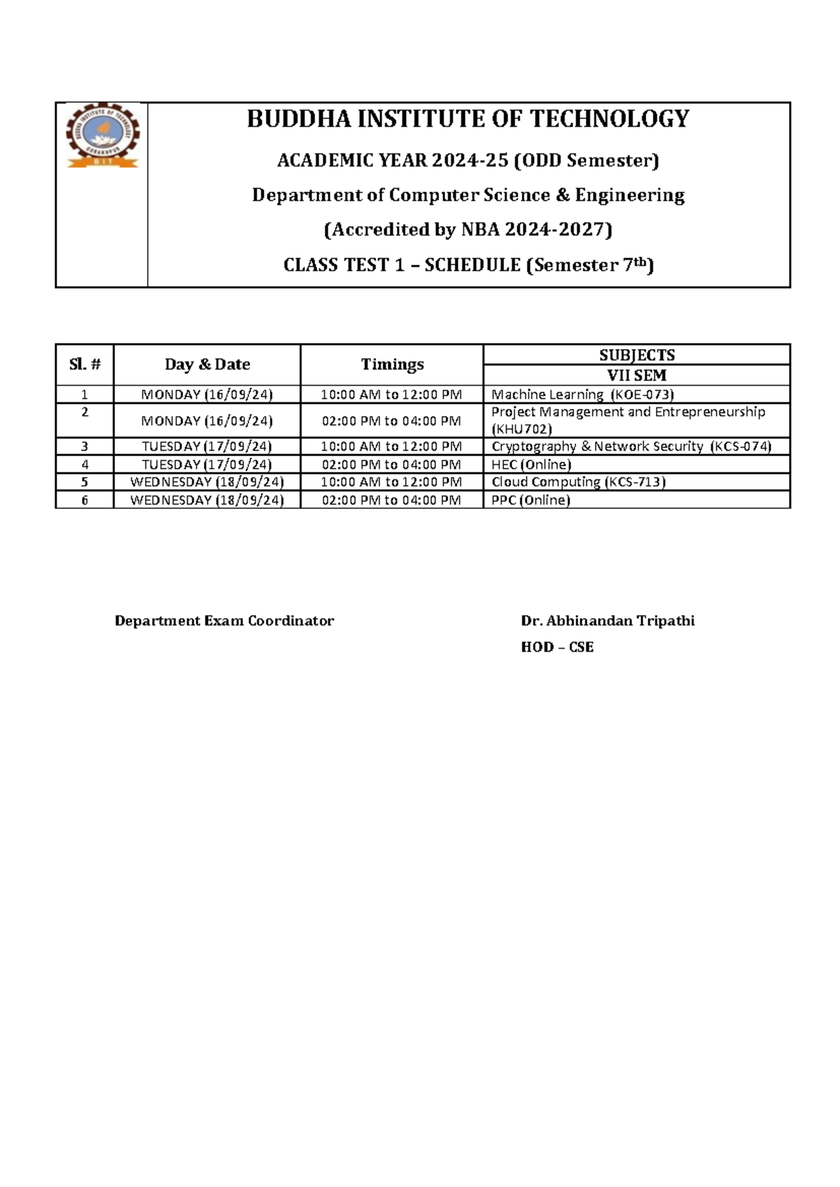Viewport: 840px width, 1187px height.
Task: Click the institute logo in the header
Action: pos(102,136)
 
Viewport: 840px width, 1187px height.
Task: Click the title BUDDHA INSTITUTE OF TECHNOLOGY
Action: pos(468,119)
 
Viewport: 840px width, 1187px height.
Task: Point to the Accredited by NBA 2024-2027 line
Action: pos(468,230)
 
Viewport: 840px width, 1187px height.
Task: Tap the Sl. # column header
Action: pos(85,365)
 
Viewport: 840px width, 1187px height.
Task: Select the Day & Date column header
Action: pos(207,365)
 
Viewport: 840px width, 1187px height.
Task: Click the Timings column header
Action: pos(392,365)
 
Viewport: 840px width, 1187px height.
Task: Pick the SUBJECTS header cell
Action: pos(636,355)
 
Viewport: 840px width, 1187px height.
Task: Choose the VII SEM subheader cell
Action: pos(636,375)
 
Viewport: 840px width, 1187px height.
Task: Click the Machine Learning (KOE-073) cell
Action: pos(582,395)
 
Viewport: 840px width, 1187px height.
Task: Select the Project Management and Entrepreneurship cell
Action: pos(628,420)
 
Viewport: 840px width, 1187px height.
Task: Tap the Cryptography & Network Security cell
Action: pos(631,447)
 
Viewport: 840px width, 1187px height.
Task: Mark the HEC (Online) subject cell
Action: pos(531,465)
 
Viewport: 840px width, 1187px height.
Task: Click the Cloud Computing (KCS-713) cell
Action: pos(578,482)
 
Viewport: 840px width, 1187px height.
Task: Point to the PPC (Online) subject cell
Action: pos(531,500)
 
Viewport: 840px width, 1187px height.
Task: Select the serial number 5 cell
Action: pos(85,482)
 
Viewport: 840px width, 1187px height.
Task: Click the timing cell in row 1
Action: pos(391,395)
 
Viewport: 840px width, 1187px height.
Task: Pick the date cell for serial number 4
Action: pos(206,465)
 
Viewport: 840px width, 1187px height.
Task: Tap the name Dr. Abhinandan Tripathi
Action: pos(608,621)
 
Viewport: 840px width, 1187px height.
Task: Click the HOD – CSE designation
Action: pos(557,647)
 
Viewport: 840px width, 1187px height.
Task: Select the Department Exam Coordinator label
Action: pos(224,621)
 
